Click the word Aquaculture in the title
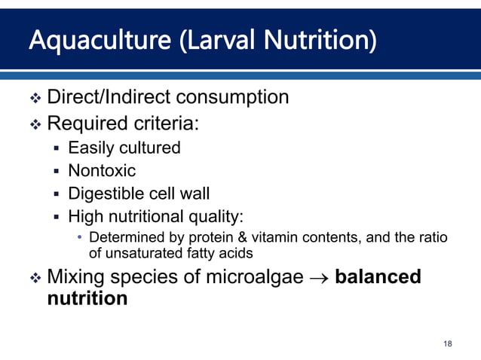[x=83, y=40]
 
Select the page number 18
[x=448, y=344]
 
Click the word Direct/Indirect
[x=109, y=97]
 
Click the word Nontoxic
[x=102, y=171]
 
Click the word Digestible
[x=106, y=195]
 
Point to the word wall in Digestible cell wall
[x=195, y=194]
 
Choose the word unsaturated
[x=146, y=253]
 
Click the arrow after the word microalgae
[x=320, y=278]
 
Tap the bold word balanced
[x=378, y=277]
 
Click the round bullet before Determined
[x=81, y=238]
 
